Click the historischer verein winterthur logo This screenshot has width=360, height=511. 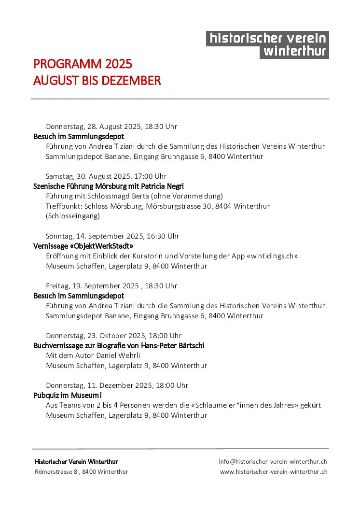pos(267,45)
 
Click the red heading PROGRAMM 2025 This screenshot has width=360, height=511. pos(83,64)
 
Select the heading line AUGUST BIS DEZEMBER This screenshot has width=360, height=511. pos(97,81)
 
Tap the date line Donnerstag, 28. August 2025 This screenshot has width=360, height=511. pos(111,127)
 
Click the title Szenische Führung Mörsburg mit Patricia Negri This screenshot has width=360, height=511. pos(109,186)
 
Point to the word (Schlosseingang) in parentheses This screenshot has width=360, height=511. pos(73,216)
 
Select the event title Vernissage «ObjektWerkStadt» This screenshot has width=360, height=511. pos(83,246)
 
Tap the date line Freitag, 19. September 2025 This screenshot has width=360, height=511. pos(111,286)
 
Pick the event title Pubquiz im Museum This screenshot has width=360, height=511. pos(67,395)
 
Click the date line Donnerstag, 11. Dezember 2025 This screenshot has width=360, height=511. pos(117,385)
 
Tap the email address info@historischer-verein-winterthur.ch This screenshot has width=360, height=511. pos(273,462)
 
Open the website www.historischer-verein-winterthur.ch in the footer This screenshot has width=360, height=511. pos(274,471)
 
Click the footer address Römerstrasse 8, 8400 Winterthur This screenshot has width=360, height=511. pos(82,471)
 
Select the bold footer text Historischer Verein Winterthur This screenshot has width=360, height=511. pos(76,462)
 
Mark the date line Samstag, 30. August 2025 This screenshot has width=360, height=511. pos(106,176)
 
